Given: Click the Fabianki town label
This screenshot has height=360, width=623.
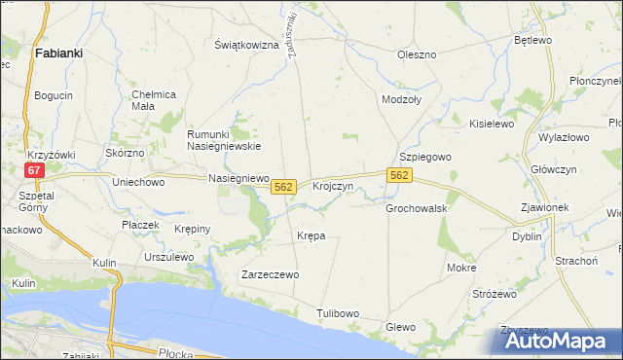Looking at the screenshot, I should pyautogui.click(x=57, y=54).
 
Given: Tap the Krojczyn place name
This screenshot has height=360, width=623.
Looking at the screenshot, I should pyautogui.click(x=332, y=185).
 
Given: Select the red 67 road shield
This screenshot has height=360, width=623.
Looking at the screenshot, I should pyautogui.click(x=34, y=169).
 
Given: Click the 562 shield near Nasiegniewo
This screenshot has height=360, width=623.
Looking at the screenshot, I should pyautogui.click(x=283, y=185).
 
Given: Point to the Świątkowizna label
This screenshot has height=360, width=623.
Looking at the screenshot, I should pyautogui.click(x=246, y=46).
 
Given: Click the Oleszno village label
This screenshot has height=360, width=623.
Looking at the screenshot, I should pyautogui.click(x=416, y=54).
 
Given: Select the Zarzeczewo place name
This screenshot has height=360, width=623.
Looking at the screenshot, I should pyautogui.click(x=270, y=274).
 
